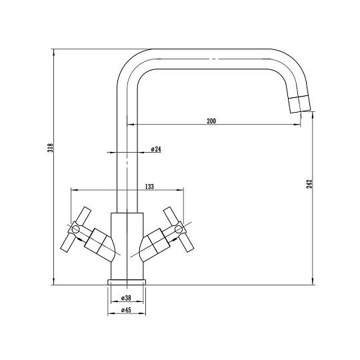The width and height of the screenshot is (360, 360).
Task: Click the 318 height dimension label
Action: point(50,147)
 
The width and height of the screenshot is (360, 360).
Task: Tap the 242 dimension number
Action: point(309,183)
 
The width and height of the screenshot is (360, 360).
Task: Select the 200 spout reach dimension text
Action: point(211,121)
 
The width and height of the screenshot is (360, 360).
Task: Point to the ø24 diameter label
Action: point(156,149)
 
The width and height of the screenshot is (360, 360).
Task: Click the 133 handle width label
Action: point(149,187)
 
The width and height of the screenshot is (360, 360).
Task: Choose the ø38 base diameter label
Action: point(126,298)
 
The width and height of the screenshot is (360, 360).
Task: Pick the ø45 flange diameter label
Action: point(126,310)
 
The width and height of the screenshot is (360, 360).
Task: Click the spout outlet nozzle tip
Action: point(299,104)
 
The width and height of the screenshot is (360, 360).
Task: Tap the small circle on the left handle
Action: point(75,229)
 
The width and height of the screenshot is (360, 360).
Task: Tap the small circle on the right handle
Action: point(179,229)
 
